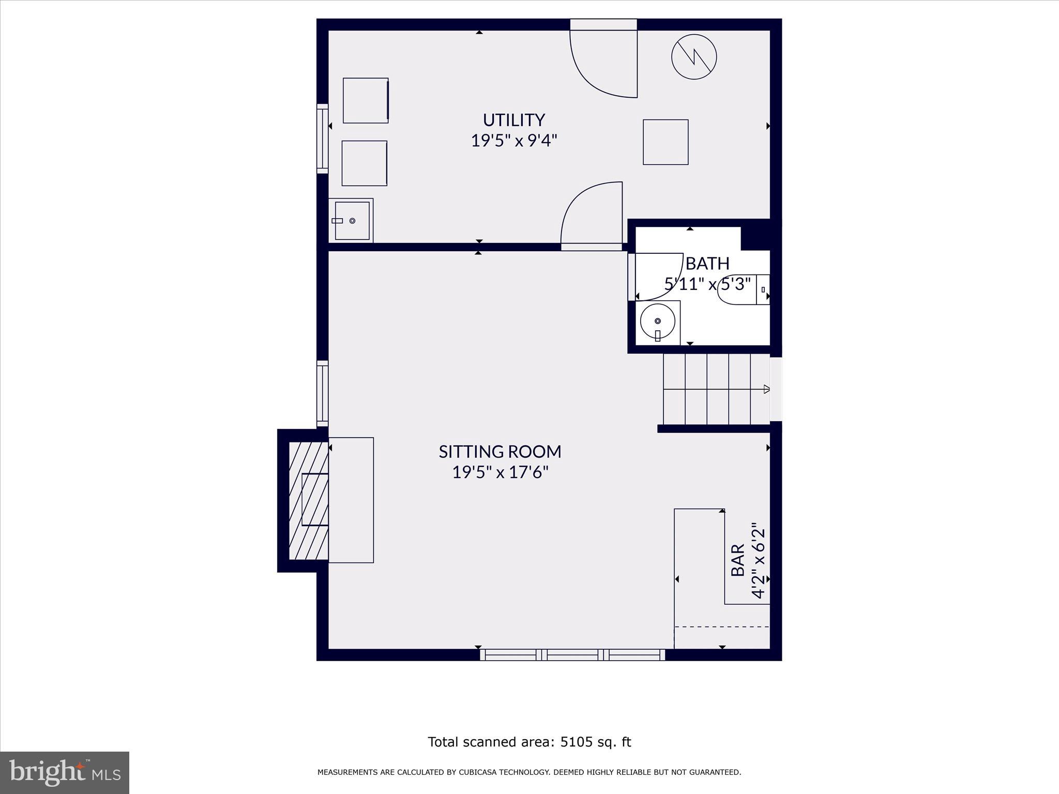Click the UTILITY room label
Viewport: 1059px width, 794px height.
pos(513,120)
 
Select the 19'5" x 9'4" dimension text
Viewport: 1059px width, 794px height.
pos(513,141)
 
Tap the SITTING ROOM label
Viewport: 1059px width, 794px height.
pos(500,452)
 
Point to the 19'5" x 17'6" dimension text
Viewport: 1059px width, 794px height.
pos(500,472)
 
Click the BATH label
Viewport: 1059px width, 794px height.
pos(707,264)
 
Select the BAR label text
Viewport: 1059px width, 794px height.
pos(737,560)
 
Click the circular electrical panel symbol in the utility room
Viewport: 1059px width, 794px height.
pos(694,57)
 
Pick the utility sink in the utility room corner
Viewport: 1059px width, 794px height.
pos(352,221)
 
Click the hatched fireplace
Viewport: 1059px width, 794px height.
pos(308,500)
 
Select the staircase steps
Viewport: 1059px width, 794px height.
pos(716,389)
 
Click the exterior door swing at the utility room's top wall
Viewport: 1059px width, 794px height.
pos(603,62)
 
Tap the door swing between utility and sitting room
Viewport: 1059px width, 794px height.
pos(592,215)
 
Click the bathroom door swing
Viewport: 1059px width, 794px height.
pos(657,277)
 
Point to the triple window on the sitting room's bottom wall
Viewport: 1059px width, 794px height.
pos(572,655)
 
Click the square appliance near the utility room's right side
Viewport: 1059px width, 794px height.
pos(665,142)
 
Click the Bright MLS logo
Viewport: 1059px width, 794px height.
pos(65,772)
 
